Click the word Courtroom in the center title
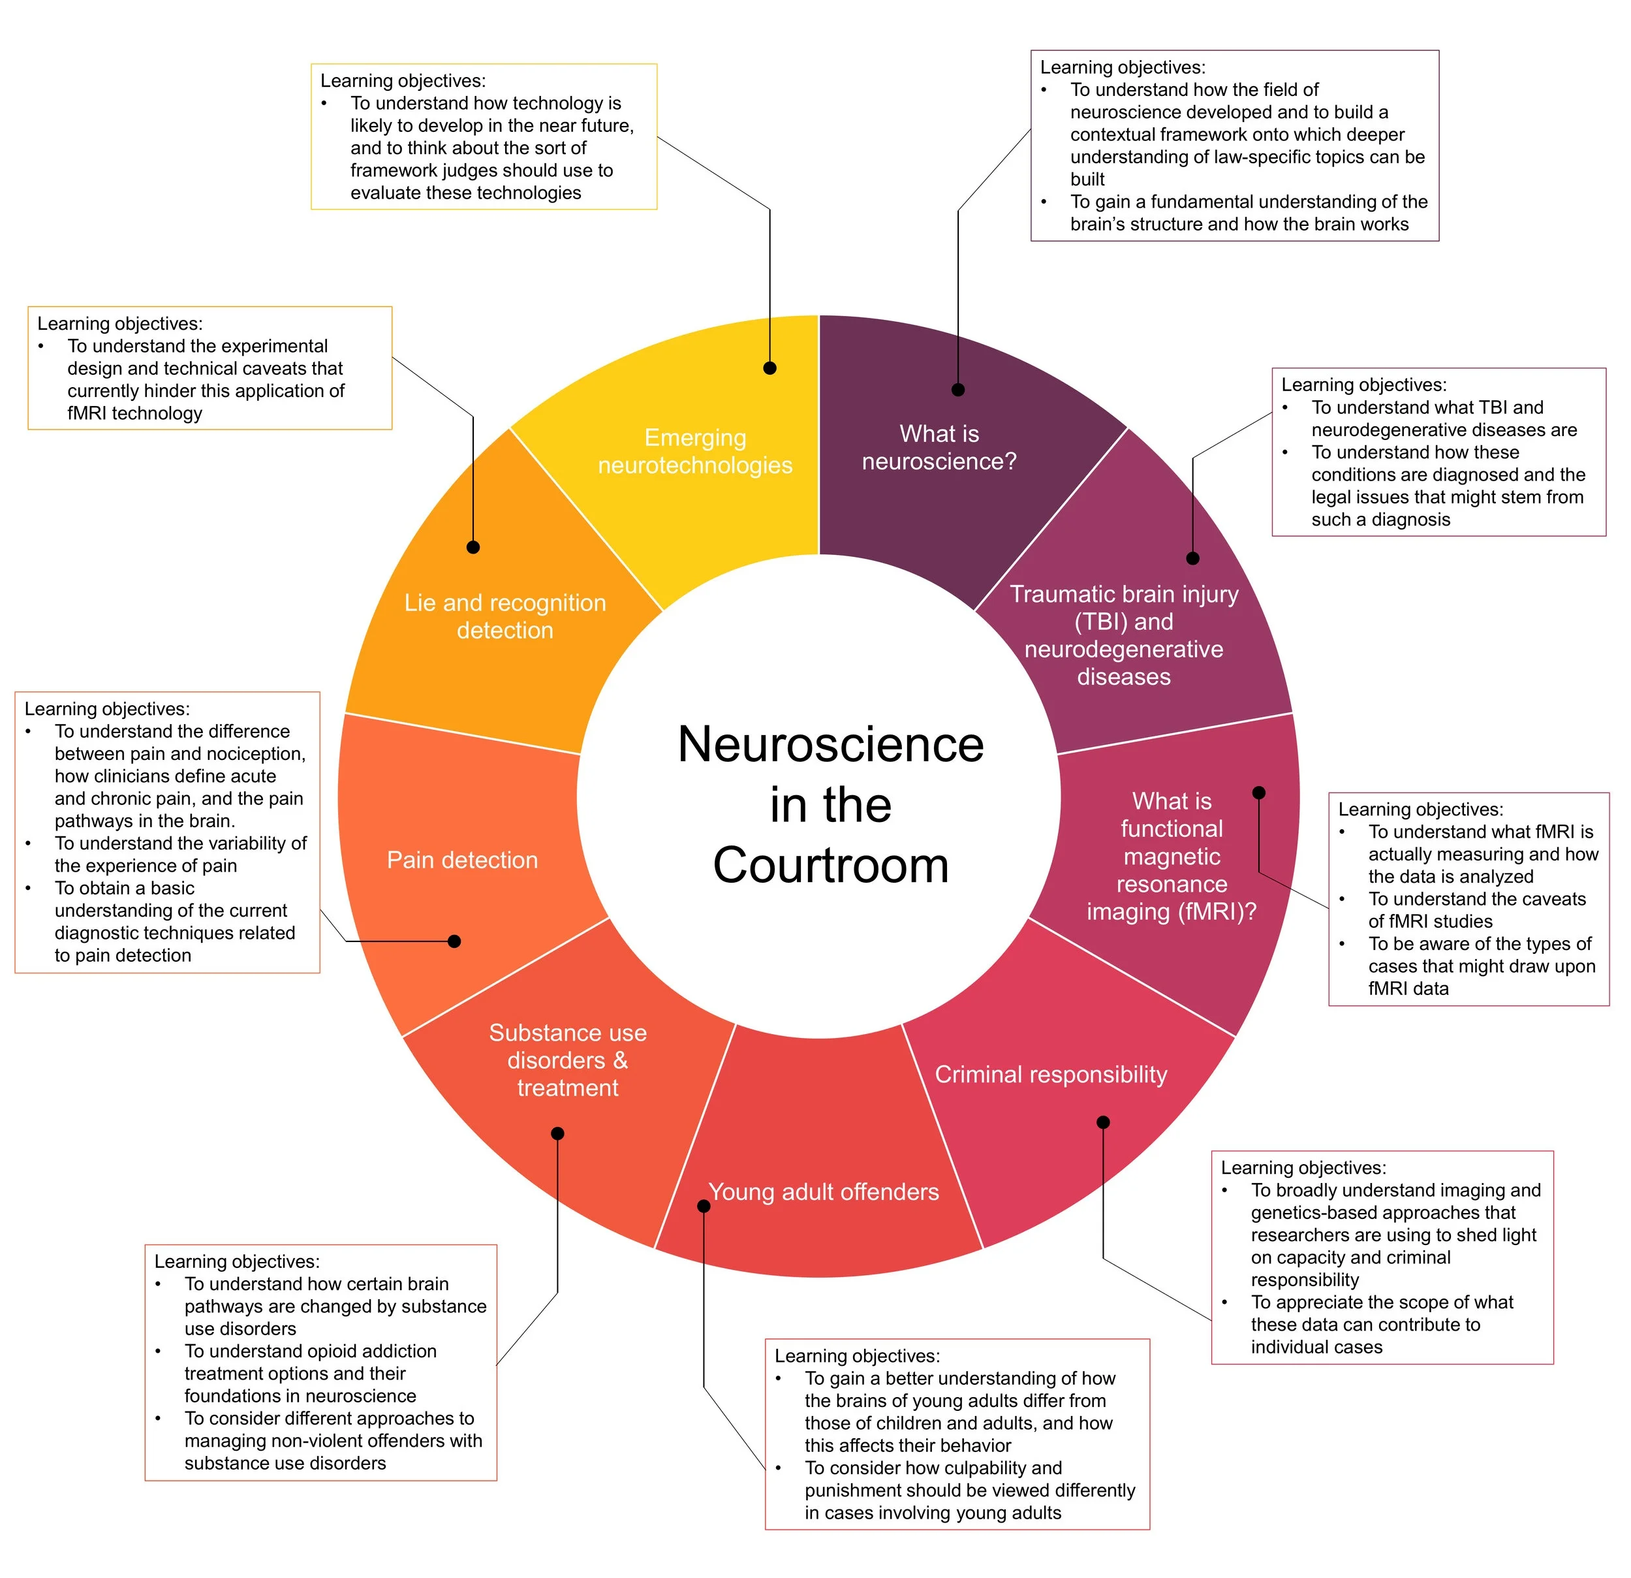tap(830, 866)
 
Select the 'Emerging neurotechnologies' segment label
tap(695, 451)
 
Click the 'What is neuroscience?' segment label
tap(939, 447)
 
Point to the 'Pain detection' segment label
tap(462, 860)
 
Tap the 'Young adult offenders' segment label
tap(824, 1191)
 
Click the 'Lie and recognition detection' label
tap(505, 616)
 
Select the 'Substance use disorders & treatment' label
tap(568, 1060)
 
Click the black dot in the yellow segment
tap(769, 368)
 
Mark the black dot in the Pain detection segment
tap(454, 941)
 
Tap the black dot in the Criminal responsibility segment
tap(1104, 1122)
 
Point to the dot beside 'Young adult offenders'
tap(704, 1206)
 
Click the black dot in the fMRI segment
tap(1259, 793)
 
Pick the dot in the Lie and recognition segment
tap(473, 547)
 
